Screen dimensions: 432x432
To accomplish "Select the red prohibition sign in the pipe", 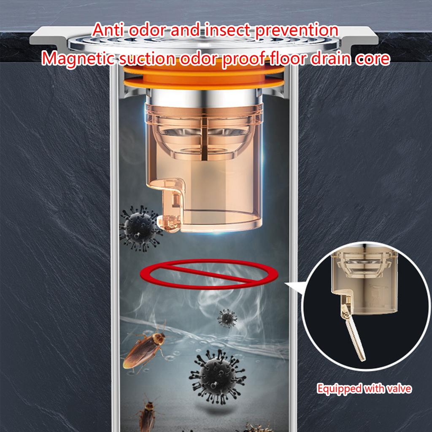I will pos(211,275).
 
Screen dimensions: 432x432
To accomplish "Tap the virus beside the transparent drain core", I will pos(138,228).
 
